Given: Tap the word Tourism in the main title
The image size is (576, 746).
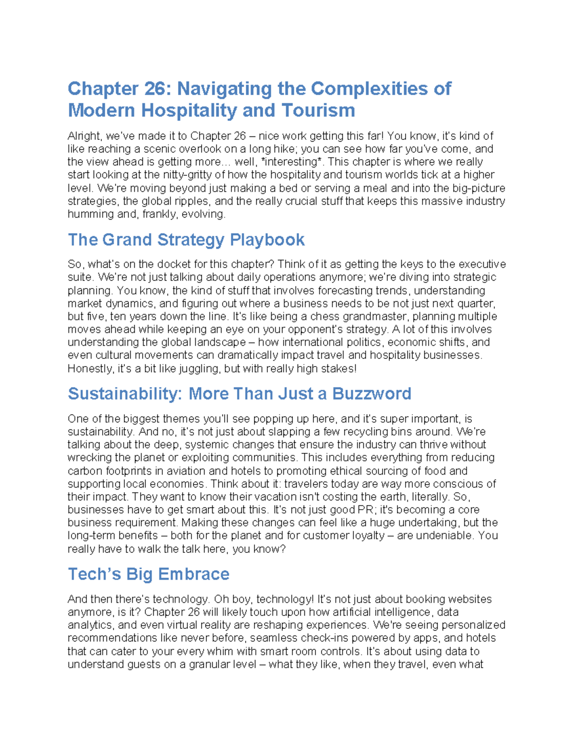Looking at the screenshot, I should coord(318,110).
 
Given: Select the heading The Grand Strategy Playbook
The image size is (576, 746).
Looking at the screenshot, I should coord(186,240).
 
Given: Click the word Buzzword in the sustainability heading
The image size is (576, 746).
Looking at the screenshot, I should coord(372,394).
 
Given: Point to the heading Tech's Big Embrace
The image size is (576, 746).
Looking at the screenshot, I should coord(148,575).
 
